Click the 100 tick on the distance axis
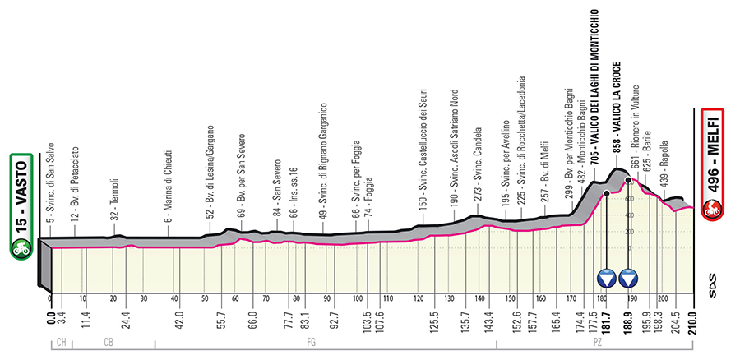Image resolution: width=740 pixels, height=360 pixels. point(358,299)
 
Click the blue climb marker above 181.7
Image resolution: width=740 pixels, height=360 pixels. point(607,278)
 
